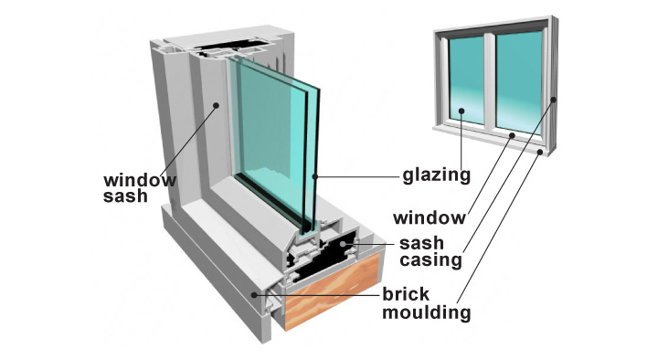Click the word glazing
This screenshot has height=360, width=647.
[437, 175]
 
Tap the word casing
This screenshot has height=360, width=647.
[430, 261]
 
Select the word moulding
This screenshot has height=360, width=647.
[426, 312]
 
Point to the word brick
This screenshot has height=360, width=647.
[406, 294]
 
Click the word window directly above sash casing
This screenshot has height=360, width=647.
[430, 217]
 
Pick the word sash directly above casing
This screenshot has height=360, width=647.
[421, 243]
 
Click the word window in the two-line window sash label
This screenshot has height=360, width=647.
[140, 181]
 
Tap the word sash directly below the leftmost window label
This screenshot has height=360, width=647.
[125, 196]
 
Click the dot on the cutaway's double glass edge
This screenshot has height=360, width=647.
[315, 176]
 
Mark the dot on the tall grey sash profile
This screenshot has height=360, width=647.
[216, 106]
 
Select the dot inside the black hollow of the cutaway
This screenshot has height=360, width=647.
[343, 244]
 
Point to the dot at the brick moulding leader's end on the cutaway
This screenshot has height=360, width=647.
[255, 295]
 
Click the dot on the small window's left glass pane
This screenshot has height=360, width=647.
[461, 111]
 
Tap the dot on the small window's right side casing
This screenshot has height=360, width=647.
[554, 100]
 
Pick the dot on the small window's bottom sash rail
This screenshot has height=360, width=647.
[512, 135]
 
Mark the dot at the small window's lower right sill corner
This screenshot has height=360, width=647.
[540, 153]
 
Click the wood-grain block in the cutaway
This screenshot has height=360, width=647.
[333, 291]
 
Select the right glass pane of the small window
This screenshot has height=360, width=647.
[519, 80]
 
